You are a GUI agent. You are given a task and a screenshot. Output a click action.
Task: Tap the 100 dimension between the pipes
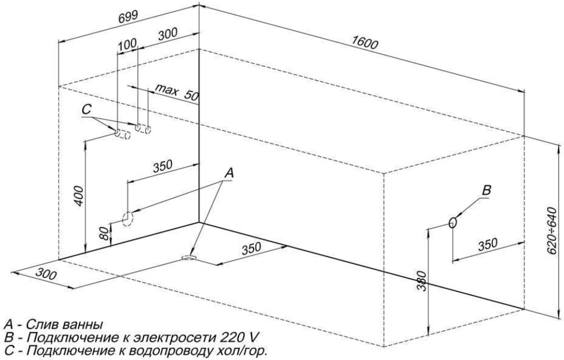click(126, 45)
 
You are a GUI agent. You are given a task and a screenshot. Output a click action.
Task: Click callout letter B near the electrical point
click(487, 191)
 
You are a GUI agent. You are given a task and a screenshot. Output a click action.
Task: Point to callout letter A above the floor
click(229, 173)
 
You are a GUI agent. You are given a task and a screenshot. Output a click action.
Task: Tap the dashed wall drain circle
click(127, 218)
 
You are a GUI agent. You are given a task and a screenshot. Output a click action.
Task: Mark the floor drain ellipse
click(189, 257)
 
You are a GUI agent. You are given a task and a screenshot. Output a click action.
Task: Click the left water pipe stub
click(122, 134)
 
